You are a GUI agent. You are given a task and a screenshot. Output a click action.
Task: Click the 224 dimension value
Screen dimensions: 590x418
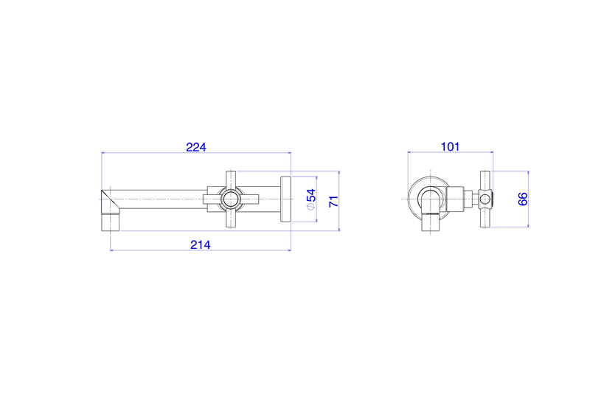196,147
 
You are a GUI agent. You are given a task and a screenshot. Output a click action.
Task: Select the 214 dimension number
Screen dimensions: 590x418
200,245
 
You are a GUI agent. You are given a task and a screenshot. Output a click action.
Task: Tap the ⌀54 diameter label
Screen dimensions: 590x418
311,199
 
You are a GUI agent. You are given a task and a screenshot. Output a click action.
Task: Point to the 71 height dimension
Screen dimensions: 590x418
334,202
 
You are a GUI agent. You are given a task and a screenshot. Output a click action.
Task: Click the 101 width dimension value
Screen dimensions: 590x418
450,147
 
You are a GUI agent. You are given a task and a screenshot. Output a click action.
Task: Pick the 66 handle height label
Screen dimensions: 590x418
523,199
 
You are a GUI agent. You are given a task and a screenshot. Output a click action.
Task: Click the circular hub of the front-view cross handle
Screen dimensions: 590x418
230,199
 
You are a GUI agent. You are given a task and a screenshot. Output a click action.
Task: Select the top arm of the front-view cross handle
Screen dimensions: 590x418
231,180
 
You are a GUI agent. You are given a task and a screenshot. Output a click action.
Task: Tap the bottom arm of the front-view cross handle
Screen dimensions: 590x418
231,218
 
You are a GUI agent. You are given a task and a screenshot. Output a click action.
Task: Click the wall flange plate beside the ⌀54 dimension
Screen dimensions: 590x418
285,199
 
